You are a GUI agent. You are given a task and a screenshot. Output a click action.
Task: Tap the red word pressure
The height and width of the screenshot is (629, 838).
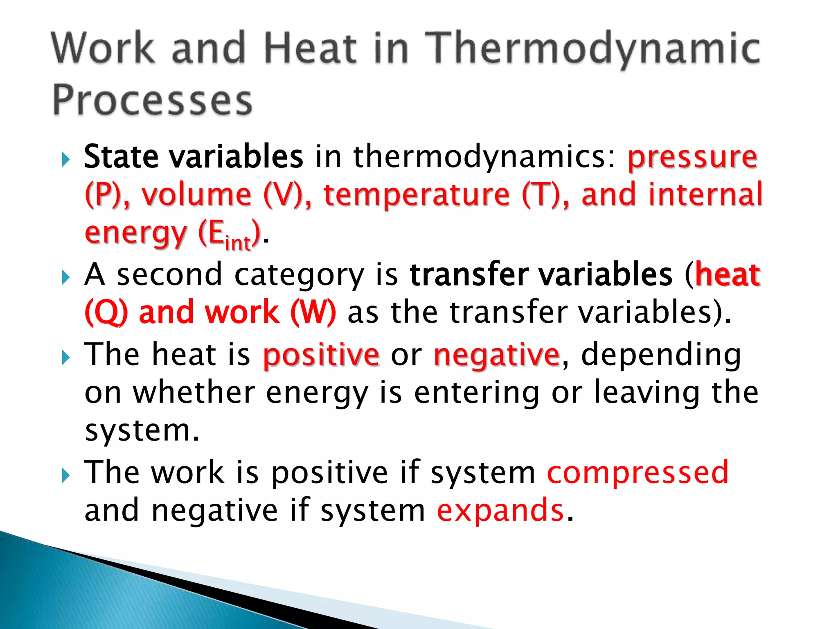point(692,157)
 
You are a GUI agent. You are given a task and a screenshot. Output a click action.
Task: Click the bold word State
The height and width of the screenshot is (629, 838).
point(121,156)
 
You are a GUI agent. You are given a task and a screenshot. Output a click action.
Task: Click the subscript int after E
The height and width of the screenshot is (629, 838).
point(238,243)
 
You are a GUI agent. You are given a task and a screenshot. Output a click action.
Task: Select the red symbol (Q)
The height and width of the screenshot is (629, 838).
point(106,312)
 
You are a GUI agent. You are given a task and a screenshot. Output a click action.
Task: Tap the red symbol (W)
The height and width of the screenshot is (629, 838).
point(313,312)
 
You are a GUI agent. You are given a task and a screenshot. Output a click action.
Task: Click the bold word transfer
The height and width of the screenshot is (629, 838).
point(469,274)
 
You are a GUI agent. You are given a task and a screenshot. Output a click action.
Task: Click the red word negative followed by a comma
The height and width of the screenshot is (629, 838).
point(496,355)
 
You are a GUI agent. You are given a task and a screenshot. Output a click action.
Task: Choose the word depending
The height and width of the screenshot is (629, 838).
point(660,355)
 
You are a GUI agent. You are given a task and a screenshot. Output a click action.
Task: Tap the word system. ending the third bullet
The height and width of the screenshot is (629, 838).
point(142,431)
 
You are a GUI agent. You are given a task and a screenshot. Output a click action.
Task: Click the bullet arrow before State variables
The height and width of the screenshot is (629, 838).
point(65,159)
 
